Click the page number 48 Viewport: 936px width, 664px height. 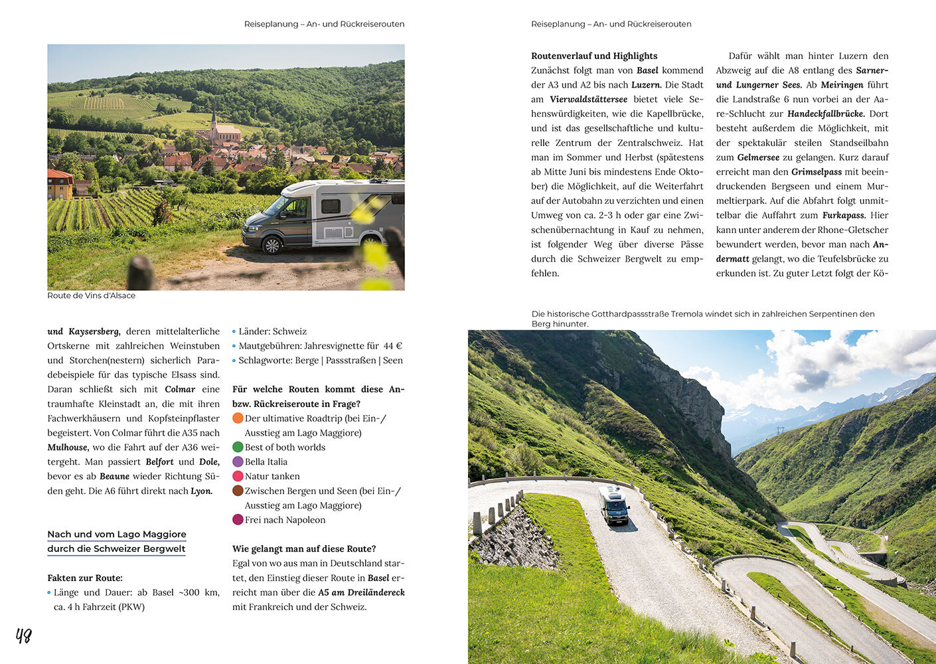coord(24,636)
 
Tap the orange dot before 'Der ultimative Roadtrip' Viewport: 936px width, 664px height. coord(238,418)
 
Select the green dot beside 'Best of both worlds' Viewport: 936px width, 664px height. coord(238,447)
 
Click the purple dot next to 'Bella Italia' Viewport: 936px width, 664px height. coord(238,461)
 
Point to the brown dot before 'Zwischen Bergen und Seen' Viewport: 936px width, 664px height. coord(238,491)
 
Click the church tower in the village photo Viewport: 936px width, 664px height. coord(213,125)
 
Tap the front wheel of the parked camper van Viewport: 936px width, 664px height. coord(272,245)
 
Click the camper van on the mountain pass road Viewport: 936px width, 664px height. coord(614,505)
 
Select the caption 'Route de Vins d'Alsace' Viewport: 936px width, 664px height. coord(92,295)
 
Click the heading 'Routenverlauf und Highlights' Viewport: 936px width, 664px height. coord(594,56)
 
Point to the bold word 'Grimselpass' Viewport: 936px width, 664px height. coord(817,171)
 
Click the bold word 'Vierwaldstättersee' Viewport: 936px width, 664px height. coord(588,99)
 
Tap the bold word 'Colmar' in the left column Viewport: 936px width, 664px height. coord(180,389)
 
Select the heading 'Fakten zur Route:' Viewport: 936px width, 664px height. coord(85,578)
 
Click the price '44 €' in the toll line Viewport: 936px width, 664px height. coord(392,345)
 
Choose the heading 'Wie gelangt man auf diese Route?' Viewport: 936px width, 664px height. coord(304,548)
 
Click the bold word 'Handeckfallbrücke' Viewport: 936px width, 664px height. coord(825,114)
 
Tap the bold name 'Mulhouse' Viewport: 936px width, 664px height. coord(68,447)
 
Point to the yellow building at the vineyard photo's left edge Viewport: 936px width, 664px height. coord(59,184)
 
